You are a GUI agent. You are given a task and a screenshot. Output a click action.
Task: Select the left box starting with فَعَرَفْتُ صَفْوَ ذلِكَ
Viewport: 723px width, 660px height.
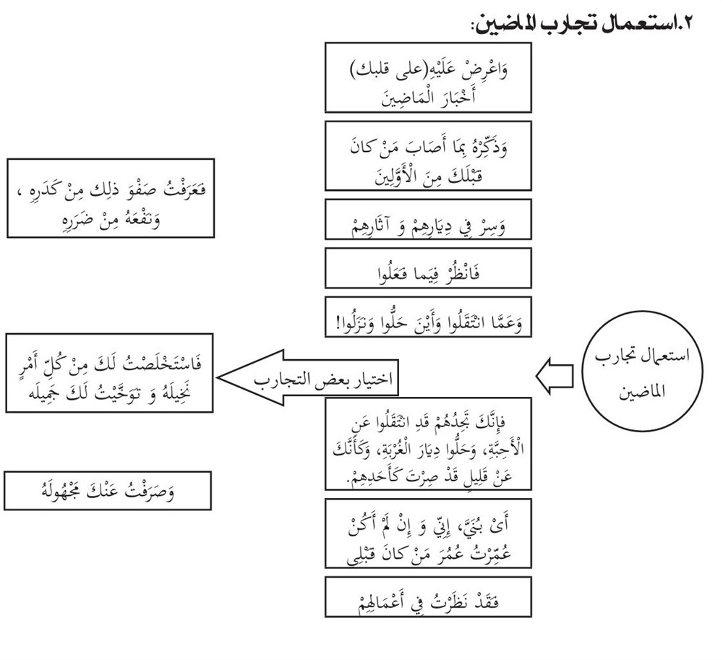111,198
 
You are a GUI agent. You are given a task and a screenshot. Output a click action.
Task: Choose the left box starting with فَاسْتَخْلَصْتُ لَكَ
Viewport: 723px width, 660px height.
111,373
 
